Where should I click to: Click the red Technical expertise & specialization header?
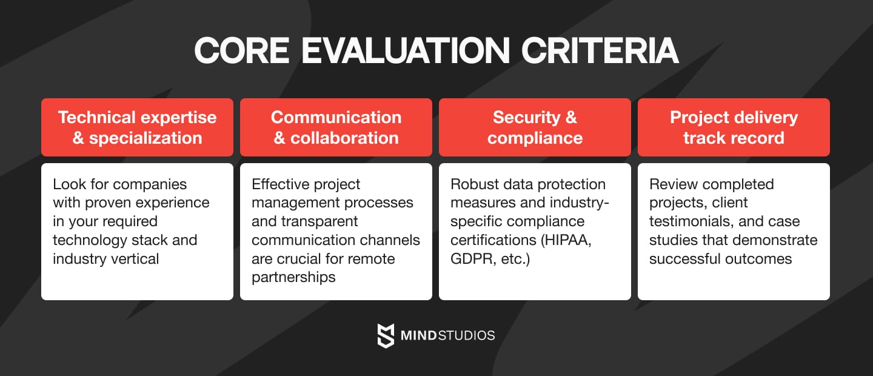(137, 127)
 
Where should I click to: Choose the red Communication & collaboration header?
(336, 127)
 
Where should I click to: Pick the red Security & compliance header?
(535, 127)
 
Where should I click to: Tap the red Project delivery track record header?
(734, 127)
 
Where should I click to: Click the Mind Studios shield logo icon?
(386, 335)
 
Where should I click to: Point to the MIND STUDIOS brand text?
(447, 335)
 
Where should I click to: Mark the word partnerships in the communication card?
(293, 278)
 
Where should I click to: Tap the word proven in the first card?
(114, 203)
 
